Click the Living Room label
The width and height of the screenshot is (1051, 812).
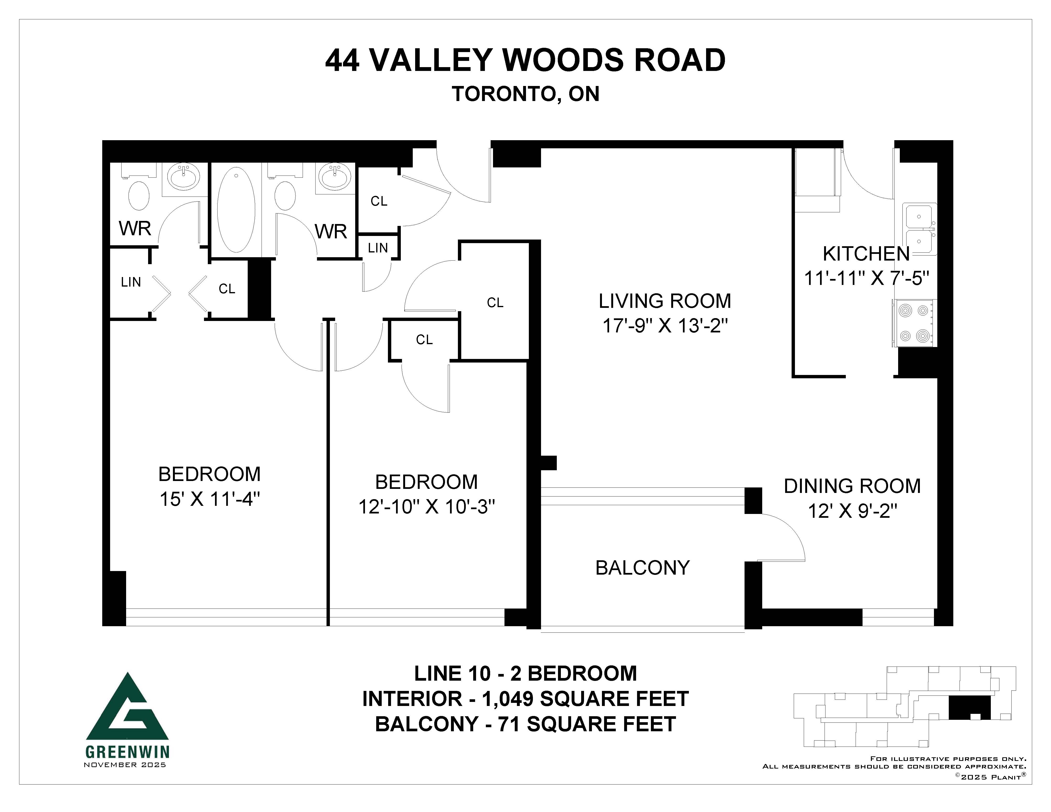click(x=665, y=301)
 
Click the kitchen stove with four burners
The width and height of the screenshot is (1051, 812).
click(x=914, y=323)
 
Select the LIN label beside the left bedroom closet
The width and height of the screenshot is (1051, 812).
click(x=131, y=282)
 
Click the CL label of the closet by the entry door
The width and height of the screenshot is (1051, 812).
click(x=379, y=201)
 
